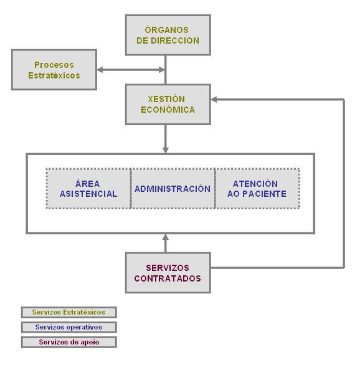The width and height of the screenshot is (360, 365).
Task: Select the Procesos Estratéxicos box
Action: point(54,70)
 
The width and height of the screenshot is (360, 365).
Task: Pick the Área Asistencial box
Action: point(88,189)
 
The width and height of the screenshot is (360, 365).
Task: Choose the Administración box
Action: point(173,189)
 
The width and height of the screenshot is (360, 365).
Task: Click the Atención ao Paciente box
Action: point(257,189)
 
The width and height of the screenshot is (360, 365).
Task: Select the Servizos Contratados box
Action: point(168,273)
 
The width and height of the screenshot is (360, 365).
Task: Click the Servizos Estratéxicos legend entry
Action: point(69,312)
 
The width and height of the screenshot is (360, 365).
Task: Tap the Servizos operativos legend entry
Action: point(69,327)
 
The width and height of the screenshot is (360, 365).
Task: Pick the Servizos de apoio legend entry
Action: point(69,342)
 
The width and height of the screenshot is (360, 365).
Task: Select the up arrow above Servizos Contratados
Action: point(166,238)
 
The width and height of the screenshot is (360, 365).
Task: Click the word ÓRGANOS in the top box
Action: point(166,30)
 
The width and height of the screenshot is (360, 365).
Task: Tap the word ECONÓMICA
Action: point(168,110)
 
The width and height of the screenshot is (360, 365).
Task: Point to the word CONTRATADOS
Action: point(168,278)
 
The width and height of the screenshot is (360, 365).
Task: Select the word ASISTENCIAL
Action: point(88,194)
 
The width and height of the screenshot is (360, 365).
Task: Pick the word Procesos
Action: point(54,65)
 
